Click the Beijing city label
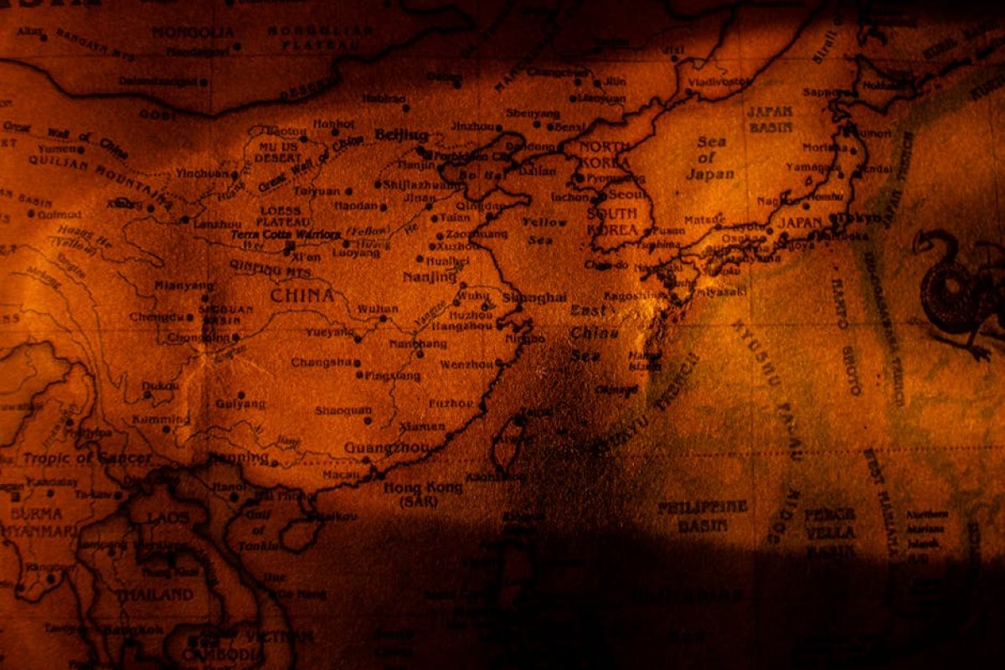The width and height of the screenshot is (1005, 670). click(401, 135)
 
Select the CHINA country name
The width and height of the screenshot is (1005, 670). click(302, 296)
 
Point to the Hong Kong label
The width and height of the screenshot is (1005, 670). click(422, 488)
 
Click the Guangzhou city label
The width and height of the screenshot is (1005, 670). click(386, 448)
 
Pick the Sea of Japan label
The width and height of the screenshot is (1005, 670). click(709, 158)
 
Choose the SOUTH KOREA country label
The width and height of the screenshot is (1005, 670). click(614, 220)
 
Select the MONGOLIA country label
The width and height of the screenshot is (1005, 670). click(193, 32)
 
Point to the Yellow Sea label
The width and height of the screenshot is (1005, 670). click(544, 231)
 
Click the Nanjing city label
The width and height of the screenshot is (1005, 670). click(429, 277)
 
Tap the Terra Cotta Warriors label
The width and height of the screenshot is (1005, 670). click(286, 235)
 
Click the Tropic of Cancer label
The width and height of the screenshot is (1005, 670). click(87, 459)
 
